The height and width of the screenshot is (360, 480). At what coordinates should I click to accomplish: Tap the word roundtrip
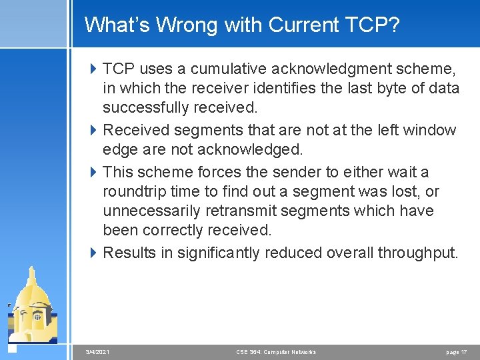coord(136,191)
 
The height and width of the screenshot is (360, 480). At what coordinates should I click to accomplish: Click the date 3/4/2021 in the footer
coord(98,352)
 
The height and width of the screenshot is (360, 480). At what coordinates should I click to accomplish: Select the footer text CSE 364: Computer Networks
coord(276,352)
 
